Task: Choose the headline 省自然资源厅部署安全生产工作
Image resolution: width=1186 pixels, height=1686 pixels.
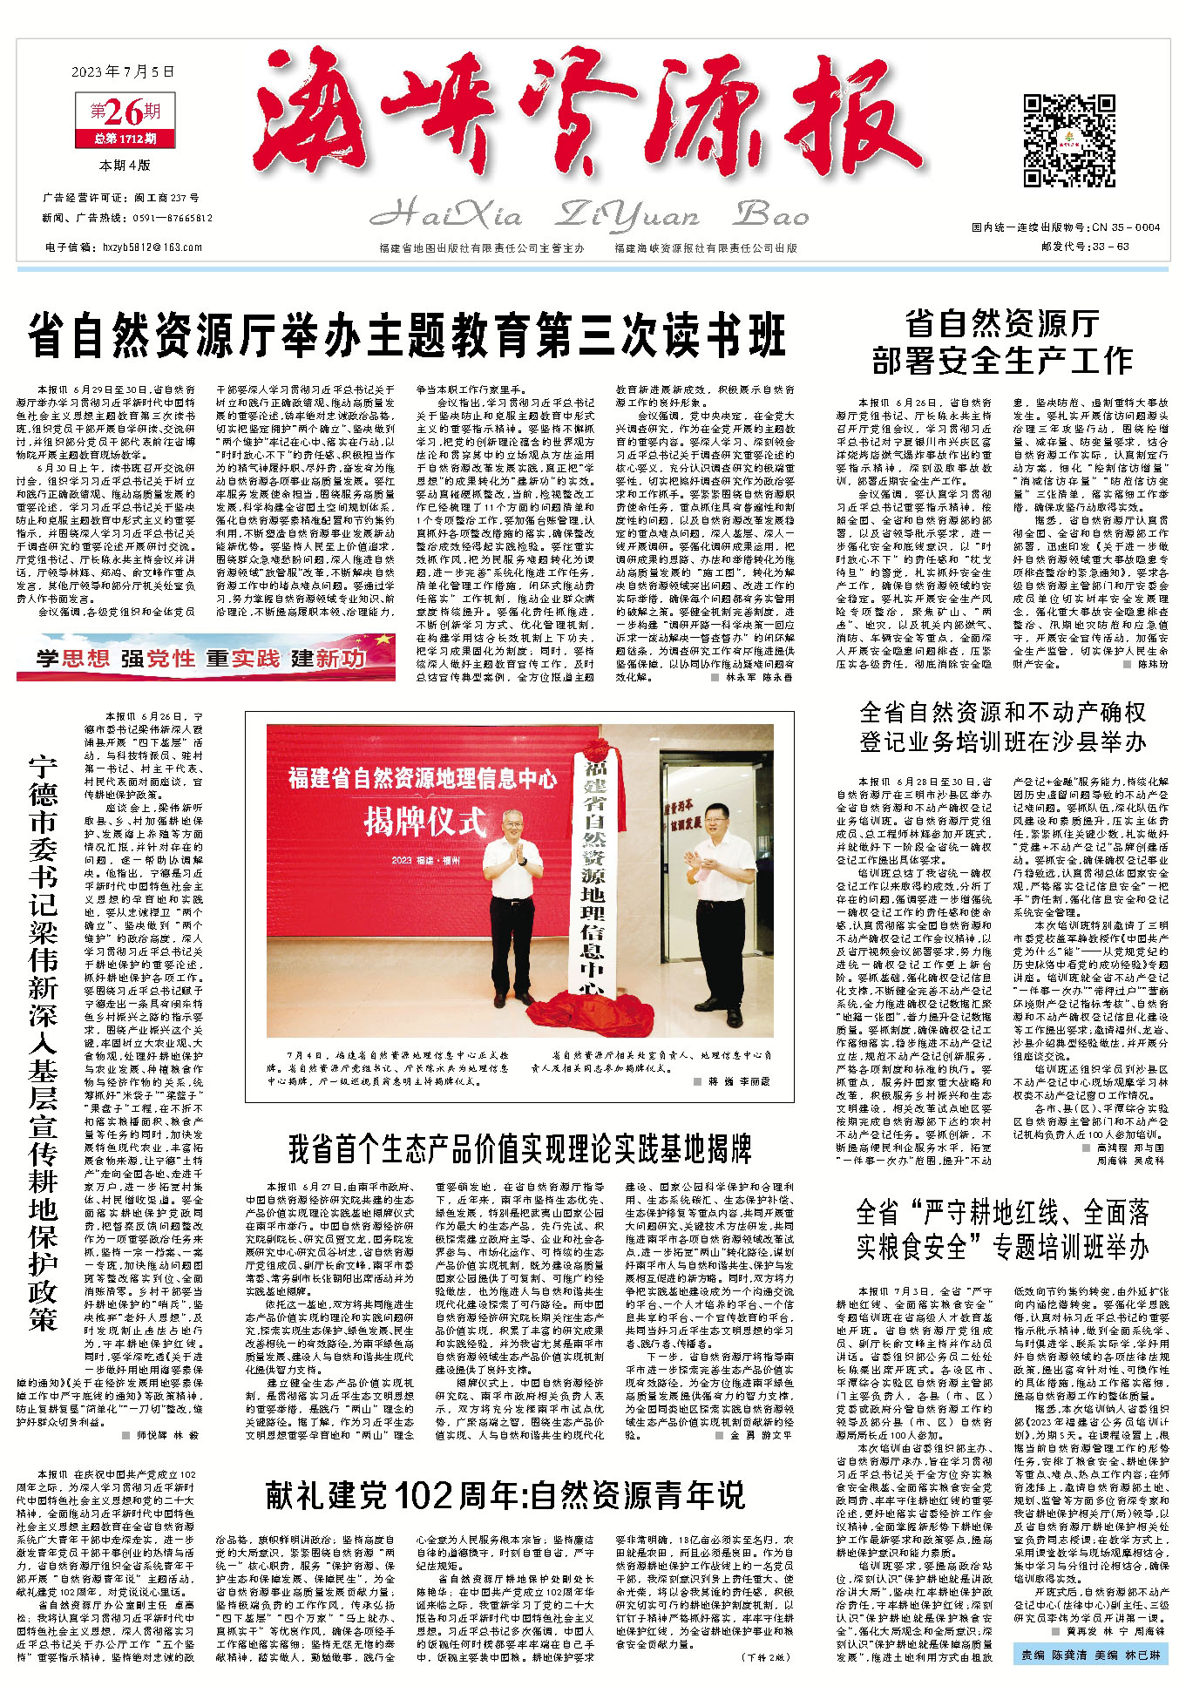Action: click(x=1002, y=342)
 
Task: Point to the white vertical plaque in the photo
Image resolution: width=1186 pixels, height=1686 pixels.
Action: click(x=596, y=880)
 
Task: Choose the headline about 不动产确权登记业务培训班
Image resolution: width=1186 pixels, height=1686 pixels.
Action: click(x=1002, y=728)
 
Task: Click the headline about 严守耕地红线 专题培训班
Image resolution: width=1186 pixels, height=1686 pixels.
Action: click(x=1002, y=1229)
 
